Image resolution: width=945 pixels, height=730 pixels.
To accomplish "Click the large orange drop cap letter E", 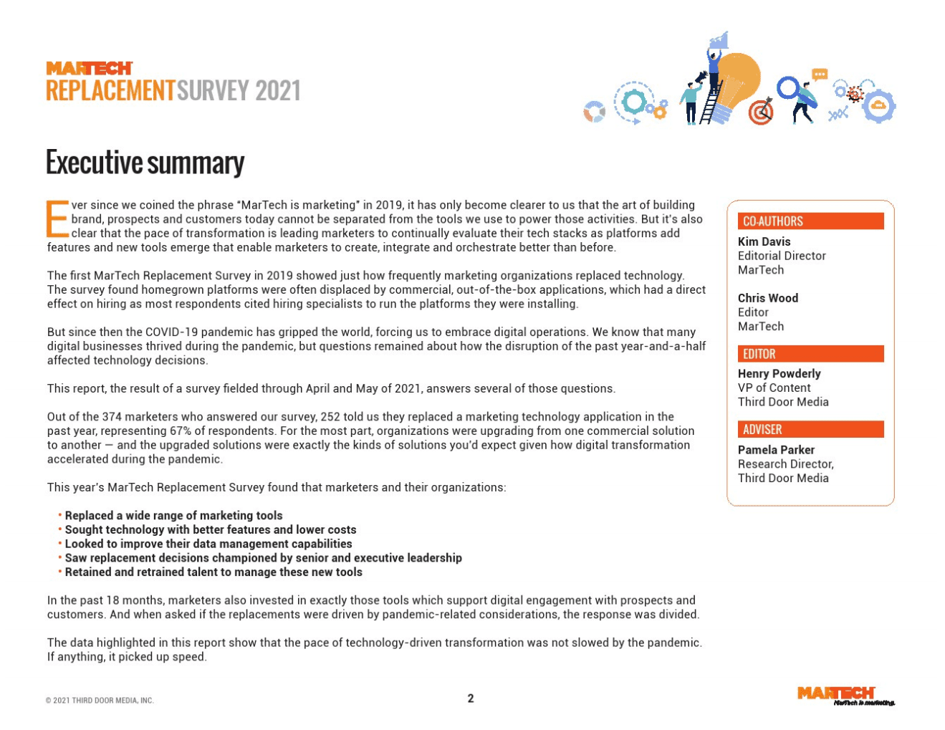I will click(57, 219).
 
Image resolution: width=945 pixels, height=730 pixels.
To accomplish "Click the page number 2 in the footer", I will click(471, 698).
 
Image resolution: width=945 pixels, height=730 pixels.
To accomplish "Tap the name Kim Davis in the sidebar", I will click(764, 241).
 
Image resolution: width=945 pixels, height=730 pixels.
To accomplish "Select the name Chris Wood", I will click(767, 298).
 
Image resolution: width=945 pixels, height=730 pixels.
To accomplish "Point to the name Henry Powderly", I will click(779, 373).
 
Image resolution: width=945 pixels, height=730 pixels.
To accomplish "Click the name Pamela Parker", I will click(776, 450).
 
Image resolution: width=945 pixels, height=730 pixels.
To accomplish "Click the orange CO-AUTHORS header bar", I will click(810, 221).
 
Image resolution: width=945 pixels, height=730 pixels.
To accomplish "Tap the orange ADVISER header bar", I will click(810, 429).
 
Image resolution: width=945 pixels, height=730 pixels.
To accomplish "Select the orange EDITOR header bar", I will click(810, 354).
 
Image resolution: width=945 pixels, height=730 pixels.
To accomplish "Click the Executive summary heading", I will click(145, 163).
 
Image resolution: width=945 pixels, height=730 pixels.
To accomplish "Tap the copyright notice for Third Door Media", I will click(100, 701).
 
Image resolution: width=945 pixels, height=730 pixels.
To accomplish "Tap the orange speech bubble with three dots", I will click(820, 75).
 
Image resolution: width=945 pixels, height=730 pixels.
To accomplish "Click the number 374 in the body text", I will click(112, 417).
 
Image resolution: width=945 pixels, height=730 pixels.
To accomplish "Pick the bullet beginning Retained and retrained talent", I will click(213, 572).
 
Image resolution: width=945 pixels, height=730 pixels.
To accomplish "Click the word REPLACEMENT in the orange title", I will click(110, 91).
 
